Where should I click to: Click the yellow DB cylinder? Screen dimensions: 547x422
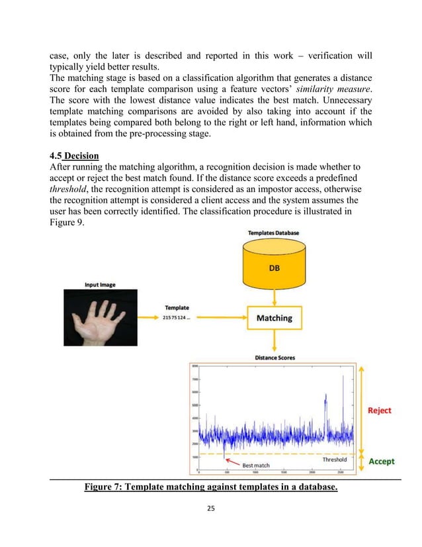click(x=273, y=269)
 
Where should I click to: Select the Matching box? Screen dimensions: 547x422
click(x=274, y=318)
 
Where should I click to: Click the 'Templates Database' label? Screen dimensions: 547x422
click(x=273, y=234)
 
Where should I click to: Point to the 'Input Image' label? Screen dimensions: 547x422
click(x=100, y=285)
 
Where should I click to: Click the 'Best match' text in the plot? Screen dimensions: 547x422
click(x=255, y=466)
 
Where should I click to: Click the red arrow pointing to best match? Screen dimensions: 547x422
click(x=231, y=464)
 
